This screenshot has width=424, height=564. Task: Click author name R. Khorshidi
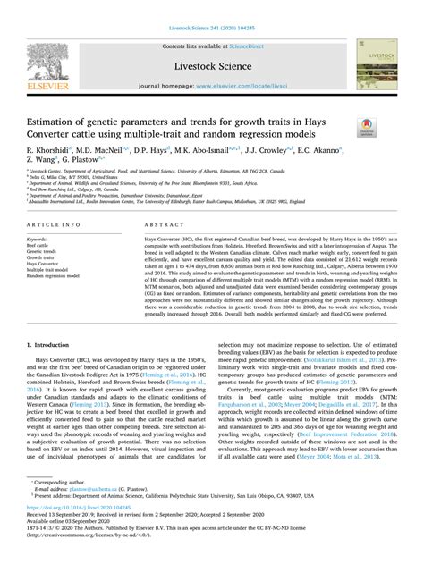(51, 154)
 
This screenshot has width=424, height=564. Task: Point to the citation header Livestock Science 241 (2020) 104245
(211, 6)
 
